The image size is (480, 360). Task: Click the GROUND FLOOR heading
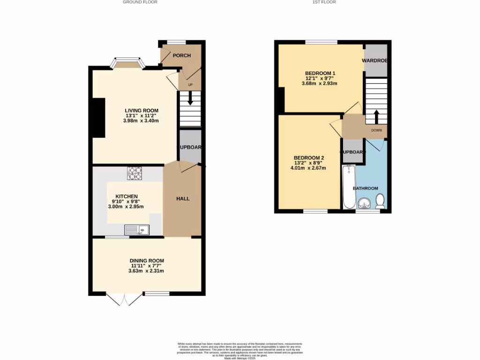[140, 2]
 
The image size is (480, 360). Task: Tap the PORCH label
[182, 55]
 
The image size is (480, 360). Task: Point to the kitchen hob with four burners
[134, 173]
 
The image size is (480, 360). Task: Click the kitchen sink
[136, 230]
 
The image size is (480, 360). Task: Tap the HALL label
[183, 199]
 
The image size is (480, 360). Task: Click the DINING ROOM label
[147, 261]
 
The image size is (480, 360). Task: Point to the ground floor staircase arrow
[190, 99]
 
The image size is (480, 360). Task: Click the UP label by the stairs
[190, 85]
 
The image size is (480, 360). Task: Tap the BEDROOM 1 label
[320, 73]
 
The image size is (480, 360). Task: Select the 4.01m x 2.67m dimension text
[310, 168]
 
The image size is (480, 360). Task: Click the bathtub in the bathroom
[349, 187]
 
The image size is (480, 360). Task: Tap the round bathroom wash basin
[364, 203]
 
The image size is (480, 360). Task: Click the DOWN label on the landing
[376, 130]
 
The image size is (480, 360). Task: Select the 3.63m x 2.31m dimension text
[147, 270]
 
